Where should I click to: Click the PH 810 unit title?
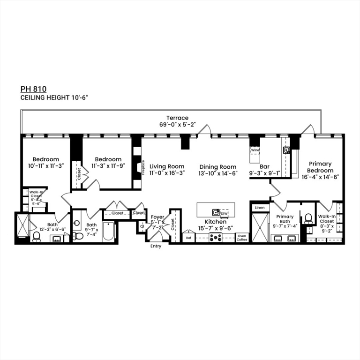pos(33,88)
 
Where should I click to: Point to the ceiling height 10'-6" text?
pos(54,97)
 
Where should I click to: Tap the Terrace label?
pos(177,118)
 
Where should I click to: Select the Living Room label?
pos(166,166)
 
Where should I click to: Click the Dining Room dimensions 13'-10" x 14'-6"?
pos(218,173)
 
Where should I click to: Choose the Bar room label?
pos(264,166)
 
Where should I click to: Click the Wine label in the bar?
pos(255,150)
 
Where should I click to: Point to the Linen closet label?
pos(259,207)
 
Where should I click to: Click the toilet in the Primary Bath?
pos(308,218)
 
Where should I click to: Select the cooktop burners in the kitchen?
pos(215,237)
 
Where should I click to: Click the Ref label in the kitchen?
pos(188,238)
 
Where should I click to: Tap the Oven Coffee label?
pos(242,238)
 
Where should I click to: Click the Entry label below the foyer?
pos(155,246)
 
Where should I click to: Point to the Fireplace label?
pos(143,167)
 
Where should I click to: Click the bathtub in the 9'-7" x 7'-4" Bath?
pos(108,232)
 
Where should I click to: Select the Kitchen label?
pos(215,222)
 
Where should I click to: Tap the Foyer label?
pos(157,217)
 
